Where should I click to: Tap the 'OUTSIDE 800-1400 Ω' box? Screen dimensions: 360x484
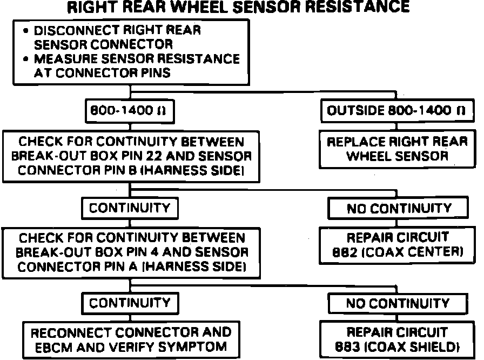pos(396,112)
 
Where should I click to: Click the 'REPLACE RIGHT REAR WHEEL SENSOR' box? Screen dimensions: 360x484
pos(398,149)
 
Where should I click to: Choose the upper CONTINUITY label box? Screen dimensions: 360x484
pos(130,208)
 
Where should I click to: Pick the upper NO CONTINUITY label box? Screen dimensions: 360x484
pos(399,208)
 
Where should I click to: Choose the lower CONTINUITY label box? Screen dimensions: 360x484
pos(130,303)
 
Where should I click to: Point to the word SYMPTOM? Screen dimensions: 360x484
pos(192,346)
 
